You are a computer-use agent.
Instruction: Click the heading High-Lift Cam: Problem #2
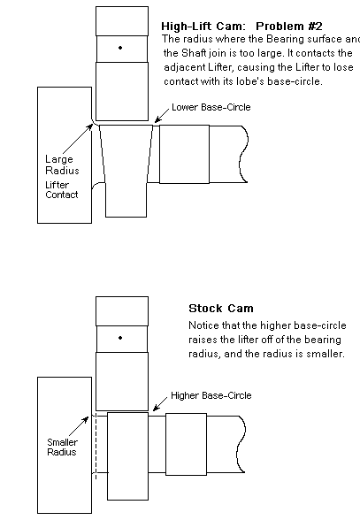[x=241, y=26]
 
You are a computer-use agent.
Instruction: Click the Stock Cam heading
[x=221, y=309]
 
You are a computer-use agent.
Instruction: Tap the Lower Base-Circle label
[x=211, y=107]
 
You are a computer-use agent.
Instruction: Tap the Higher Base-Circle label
[x=211, y=395]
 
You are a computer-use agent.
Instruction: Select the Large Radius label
[x=62, y=164]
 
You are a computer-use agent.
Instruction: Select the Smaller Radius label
[x=62, y=447]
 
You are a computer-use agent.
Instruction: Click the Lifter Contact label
[x=61, y=189]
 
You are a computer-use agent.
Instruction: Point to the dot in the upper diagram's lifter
[x=120, y=48]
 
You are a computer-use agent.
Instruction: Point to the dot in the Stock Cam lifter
[x=120, y=338]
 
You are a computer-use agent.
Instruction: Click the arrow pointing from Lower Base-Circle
[x=162, y=116]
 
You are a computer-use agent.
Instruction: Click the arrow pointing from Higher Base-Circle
[x=160, y=404]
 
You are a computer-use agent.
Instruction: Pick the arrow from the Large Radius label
[x=78, y=140]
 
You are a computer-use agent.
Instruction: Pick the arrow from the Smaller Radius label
[x=79, y=426]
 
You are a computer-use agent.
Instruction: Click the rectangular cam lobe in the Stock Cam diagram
[x=127, y=456]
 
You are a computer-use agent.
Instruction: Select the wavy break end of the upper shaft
[x=244, y=154]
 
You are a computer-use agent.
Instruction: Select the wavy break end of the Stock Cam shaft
[x=241, y=444]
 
